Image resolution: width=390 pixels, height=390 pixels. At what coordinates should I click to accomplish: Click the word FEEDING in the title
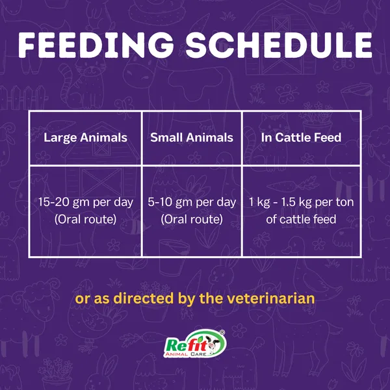[x=96, y=45]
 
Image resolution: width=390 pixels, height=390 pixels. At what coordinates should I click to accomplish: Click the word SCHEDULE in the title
[x=279, y=45]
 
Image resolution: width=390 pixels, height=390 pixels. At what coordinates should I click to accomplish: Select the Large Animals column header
[x=85, y=138]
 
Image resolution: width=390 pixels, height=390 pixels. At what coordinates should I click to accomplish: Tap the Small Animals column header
[x=192, y=137]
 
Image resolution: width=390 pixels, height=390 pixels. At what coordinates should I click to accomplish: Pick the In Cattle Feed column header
[x=301, y=137]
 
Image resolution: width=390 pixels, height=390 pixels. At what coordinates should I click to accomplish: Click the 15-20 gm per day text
[x=86, y=202]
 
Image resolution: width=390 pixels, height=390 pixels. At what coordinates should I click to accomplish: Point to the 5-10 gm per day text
[x=192, y=202]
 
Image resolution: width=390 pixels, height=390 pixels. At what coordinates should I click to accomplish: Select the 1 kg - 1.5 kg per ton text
[x=301, y=202]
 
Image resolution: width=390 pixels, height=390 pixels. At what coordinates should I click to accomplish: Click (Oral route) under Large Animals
[x=85, y=220]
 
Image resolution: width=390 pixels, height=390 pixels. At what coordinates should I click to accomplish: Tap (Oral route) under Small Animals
[x=192, y=220]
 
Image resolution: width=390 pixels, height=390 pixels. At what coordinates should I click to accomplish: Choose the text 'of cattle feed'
[x=301, y=219]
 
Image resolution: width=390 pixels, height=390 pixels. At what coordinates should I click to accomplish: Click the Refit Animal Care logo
[x=194, y=343]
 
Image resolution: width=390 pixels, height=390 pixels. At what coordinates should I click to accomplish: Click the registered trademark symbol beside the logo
[x=222, y=332]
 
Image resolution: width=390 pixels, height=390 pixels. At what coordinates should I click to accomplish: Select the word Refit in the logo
[x=186, y=344]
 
